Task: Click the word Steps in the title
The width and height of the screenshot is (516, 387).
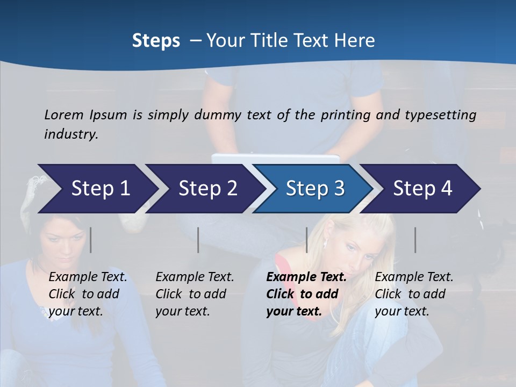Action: point(156,41)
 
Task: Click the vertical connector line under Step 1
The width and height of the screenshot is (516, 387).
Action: point(91,240)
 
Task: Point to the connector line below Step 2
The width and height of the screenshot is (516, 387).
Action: point(198,240)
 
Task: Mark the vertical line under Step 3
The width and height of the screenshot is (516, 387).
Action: point(306,240)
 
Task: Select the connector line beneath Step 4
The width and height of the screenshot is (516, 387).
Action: point(415,240)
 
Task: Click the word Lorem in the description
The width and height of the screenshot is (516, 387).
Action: point(64,115)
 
